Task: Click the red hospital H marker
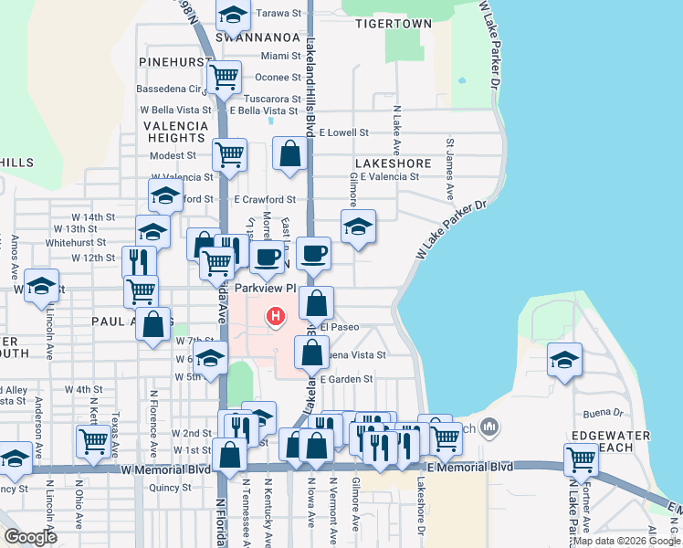pyautogui.click(x=274, y=317)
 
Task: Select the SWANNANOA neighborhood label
pyautogui.click(x=246, y=37)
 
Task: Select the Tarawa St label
pyautogui.click(x=278, y=14)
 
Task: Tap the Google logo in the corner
pyautogui.click(x=30, y=537)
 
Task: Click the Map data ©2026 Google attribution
pyautogui.click(x=626, y=541)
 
